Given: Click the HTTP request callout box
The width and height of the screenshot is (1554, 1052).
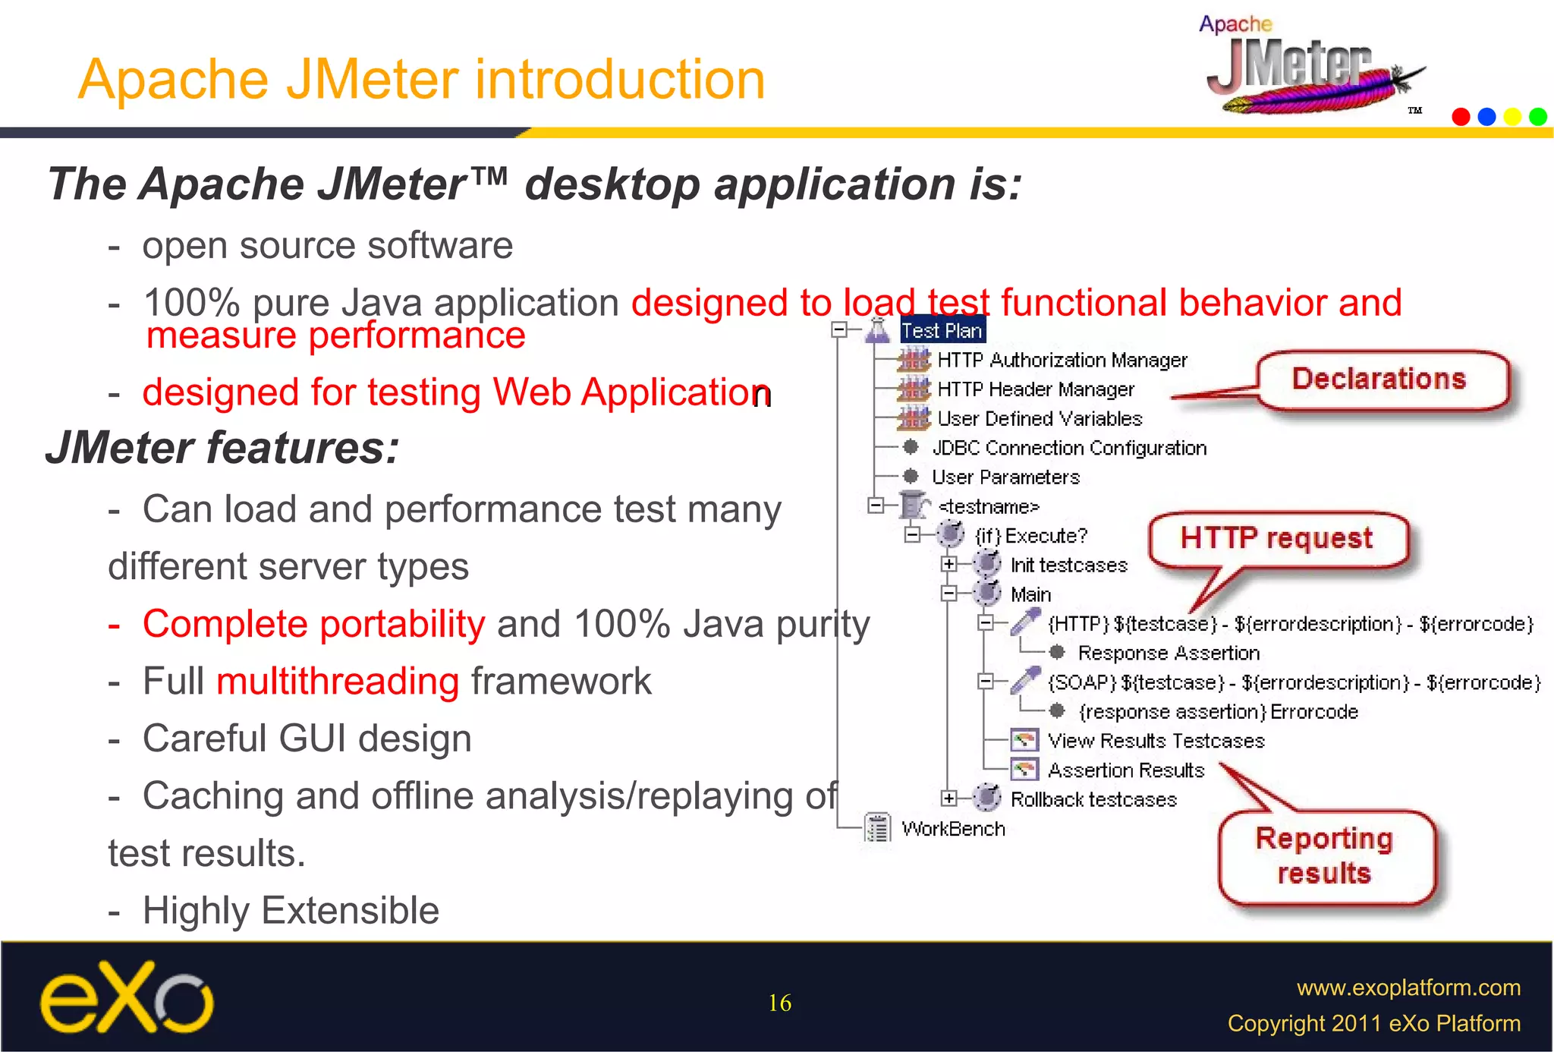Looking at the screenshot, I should click(x=1277, y=539).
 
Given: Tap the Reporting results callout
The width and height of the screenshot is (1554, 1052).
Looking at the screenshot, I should click(x=1325, y=856).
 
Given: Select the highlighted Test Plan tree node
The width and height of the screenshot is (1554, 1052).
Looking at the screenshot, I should click(x=942, y=331).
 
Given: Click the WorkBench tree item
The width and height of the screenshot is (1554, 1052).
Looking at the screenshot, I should click(x=953, y=829).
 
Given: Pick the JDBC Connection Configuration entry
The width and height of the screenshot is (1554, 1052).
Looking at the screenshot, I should click(x=1068, y=449).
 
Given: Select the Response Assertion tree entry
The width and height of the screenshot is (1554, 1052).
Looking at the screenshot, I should click(x=1168, y=653).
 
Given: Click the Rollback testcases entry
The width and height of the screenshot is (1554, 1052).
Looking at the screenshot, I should click(x=1093, y=799).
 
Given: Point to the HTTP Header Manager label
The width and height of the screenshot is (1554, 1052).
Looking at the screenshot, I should click(x=1035, y=389).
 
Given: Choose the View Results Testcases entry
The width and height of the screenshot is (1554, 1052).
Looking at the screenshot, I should click(x=1156, y=741).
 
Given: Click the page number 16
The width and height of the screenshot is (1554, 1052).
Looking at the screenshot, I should click(x=779, y=1003).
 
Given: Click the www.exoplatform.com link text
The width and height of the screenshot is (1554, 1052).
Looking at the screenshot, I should click(x=1408, y=987).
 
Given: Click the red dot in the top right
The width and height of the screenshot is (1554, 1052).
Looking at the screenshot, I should click(x=1461, y=117).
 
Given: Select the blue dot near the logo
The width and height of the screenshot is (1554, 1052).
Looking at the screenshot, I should click(x=1486, y=117).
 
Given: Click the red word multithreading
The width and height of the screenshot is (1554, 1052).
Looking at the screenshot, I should click(x=338, y=681).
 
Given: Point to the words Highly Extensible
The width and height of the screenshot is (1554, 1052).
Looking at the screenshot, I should click(x=291, y=910).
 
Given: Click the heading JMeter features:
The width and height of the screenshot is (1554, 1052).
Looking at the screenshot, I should click(x=222, y=448).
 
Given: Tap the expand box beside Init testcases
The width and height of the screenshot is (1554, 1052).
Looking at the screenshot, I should click(x=948, y=564).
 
